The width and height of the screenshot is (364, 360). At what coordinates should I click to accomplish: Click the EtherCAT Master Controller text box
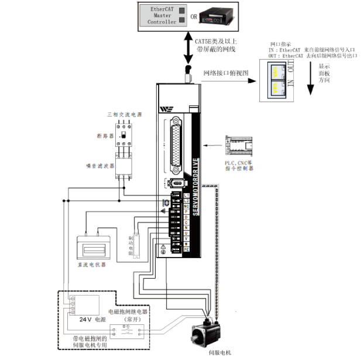161,15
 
